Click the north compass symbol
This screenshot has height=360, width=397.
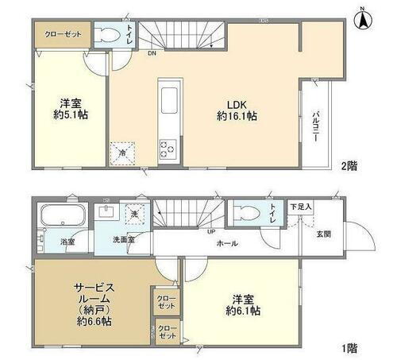click(x=362, y=17)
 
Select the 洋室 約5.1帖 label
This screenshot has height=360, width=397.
click(x=71, y=109)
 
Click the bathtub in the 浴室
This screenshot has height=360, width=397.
click(x=64, y=215)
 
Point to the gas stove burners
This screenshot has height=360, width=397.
click(x=168, y=148)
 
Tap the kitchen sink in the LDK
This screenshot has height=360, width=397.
click(x=169, y=100)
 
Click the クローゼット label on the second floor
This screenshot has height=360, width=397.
click(x=61, y=34)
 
